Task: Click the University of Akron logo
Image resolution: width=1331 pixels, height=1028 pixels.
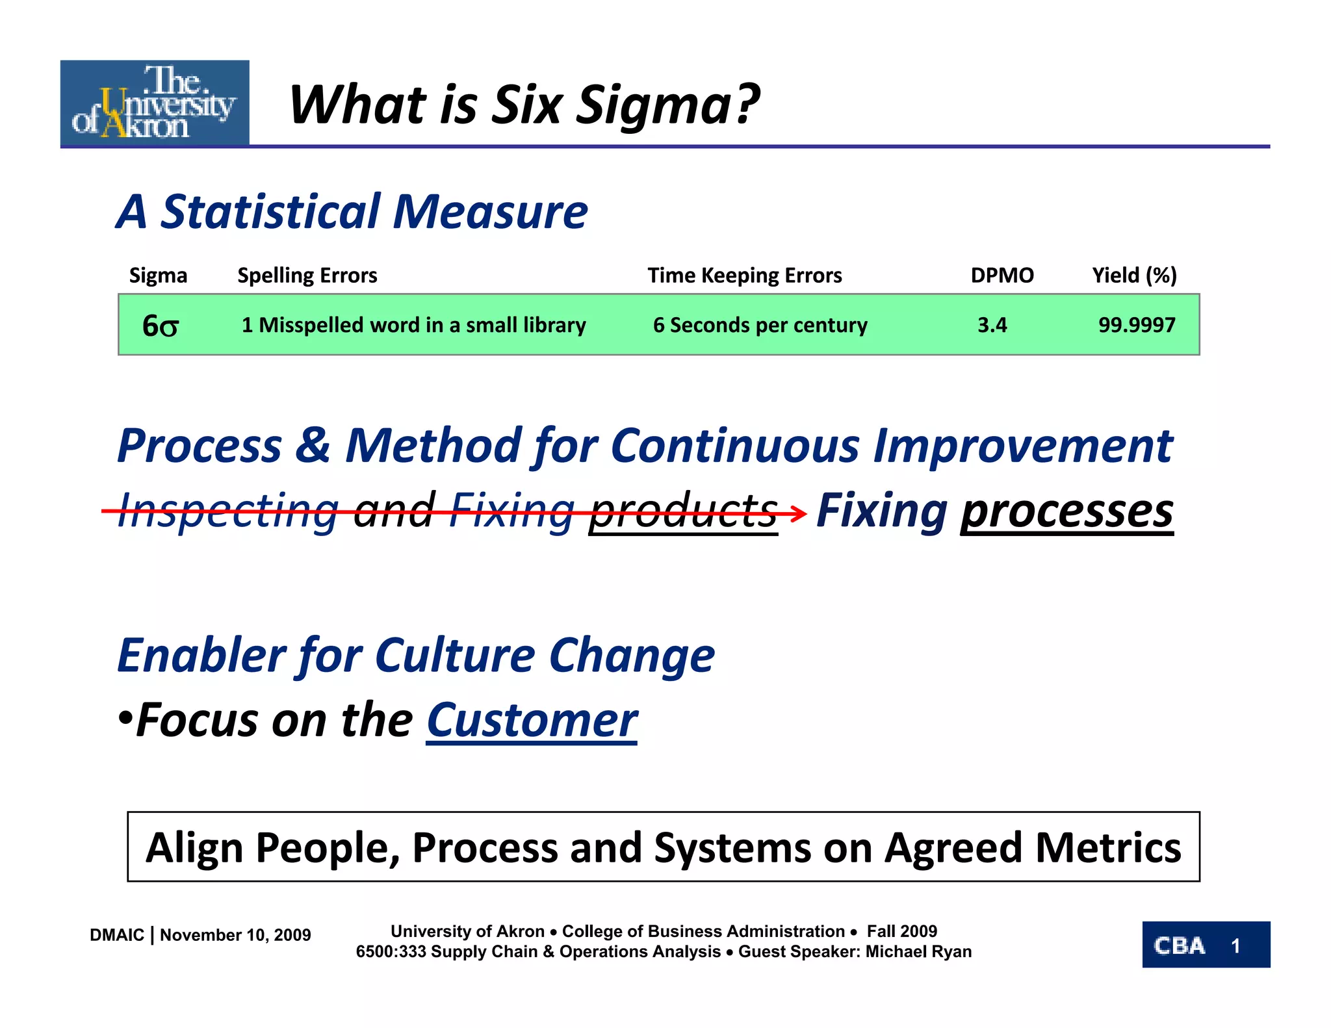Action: [155, 103]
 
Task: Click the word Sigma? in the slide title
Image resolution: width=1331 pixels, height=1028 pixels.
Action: [667, 105]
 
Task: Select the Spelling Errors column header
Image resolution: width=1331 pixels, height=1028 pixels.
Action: [307, 276]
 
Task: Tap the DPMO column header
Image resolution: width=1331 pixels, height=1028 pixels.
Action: [1001, 276]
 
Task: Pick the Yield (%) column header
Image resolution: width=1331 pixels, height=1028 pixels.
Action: [1134, 276]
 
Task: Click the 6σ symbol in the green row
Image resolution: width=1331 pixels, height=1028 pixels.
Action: [160, 326]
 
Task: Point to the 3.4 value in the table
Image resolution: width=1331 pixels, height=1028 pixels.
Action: [992, 325]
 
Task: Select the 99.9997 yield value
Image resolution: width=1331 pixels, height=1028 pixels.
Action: [1137, 325]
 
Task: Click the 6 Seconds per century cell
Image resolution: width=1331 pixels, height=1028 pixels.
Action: [760, 325]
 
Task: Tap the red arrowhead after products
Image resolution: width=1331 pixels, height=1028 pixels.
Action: [799, 513]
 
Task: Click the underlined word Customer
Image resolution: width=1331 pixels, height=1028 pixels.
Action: [532, 721]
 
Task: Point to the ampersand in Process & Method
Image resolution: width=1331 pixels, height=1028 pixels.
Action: [313, 446]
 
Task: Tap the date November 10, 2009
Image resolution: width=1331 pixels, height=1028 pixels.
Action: [235, 935]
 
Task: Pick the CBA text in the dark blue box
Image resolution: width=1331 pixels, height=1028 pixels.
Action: [1179, 945]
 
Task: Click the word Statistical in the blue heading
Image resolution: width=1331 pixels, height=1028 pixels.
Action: [270, 212]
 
